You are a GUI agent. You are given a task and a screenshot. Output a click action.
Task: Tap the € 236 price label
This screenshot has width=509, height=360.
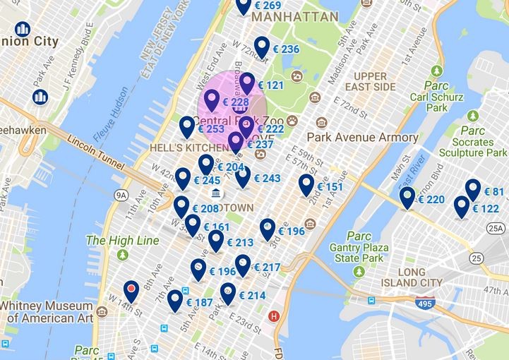click(285, 49)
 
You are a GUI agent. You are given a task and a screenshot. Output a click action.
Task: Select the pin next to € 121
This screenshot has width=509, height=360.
click(246, 83)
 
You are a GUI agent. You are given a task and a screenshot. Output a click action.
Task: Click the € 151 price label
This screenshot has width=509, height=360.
click(330, 187)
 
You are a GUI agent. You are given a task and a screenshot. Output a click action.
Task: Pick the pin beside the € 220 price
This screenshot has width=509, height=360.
click(406, 198)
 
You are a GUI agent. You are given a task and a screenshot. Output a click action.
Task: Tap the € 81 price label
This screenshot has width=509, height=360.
click(493, 192)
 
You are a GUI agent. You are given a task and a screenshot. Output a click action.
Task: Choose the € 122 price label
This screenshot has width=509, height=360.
click(484, 209)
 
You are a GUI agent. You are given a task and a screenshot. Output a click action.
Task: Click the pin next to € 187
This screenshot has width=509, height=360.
click(175, 301)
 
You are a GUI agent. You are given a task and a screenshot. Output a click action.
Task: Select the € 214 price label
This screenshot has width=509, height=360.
click(252, 296)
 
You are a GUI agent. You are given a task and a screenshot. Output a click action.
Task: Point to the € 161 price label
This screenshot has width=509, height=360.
click(216, 227)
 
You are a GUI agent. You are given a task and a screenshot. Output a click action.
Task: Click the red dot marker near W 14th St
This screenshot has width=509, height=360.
click(131, 288)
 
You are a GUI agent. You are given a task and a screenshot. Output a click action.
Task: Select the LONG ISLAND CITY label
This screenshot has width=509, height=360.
click(411, 277)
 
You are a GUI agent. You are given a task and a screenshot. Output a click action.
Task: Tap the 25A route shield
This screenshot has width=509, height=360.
click(496, 228)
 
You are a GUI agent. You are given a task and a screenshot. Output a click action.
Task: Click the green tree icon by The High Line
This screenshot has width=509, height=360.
click(124, 254)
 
